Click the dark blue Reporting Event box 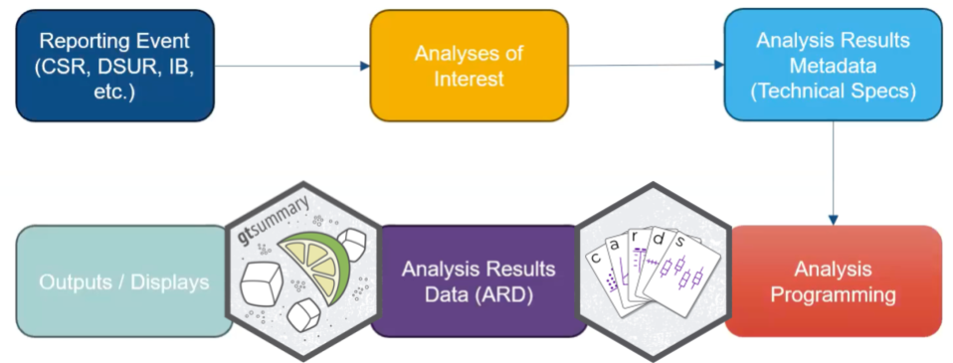(114, 66)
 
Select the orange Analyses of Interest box (470, 66)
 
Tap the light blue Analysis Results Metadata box (833, 66)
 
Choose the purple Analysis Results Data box (478, 280)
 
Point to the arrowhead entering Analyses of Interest (365, 66)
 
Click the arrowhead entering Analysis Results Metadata (719, 65)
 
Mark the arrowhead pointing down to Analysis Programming (833, 220)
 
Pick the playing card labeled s (682, 272)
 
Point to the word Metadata (833, 65)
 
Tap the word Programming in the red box (834, 295)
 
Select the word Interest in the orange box (470, 79)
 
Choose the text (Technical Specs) (833, 91)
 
